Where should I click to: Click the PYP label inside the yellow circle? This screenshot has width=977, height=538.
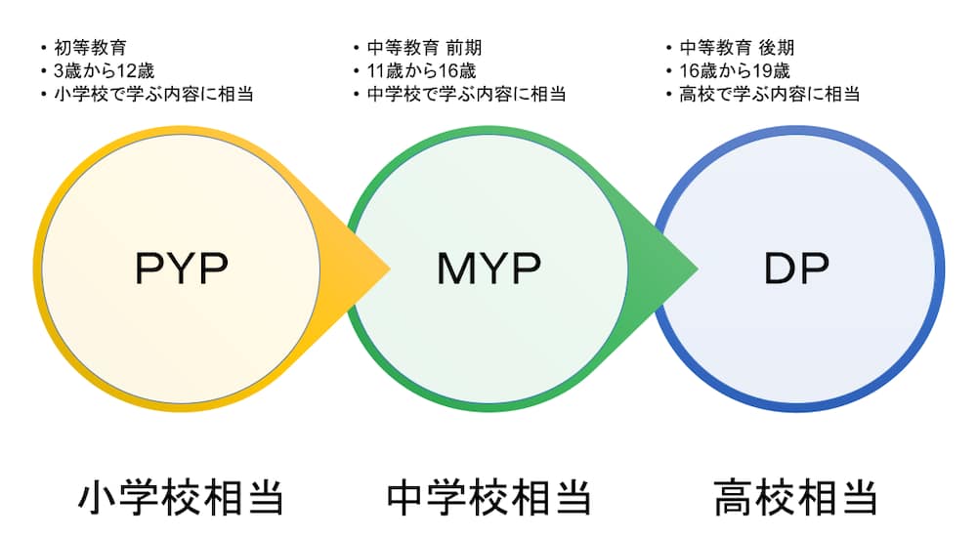point(182,269)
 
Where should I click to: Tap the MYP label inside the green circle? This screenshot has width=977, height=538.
point(489,269)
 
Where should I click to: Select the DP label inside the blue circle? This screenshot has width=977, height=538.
point(796,269)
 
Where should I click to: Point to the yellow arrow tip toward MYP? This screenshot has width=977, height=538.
point(390,269)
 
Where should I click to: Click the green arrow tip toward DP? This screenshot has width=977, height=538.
point(697,269)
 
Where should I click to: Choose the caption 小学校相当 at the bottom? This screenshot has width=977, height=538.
point(181,498)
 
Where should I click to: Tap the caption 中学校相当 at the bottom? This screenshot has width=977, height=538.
point(488,498)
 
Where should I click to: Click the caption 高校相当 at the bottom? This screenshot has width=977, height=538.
point(795,498)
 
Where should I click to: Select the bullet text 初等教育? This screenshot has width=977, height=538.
point(90,47)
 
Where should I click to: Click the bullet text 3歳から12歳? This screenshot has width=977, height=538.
point(105,71)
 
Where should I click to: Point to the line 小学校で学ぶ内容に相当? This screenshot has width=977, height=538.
point(154,94)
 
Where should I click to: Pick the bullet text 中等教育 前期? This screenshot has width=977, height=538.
point(424,47)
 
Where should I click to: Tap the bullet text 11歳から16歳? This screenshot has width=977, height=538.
point(421,71)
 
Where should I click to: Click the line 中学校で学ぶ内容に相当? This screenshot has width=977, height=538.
point(467,94)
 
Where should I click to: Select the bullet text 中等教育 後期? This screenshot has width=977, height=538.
point(737,47)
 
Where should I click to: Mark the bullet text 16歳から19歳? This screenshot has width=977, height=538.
point(735,71)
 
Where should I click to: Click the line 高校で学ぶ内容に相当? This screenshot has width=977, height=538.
point(770,94)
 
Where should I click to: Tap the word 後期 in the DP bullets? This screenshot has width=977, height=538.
point(777,47)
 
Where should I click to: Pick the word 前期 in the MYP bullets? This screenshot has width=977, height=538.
point(463,47)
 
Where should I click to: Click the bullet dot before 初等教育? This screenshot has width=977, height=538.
point(44,48)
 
